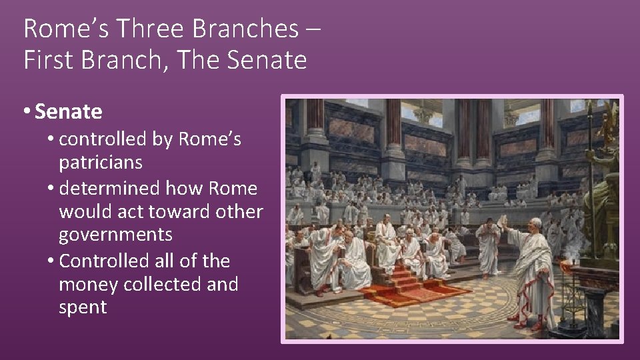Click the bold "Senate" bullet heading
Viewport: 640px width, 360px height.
(x=69, y=112)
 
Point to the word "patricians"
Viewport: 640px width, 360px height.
(x=101, y=163)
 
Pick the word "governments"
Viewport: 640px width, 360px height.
(x=115, y=235)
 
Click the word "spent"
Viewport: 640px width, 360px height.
(x=83, y=307)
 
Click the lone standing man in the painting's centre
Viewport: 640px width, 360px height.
(x=489, y=247)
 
